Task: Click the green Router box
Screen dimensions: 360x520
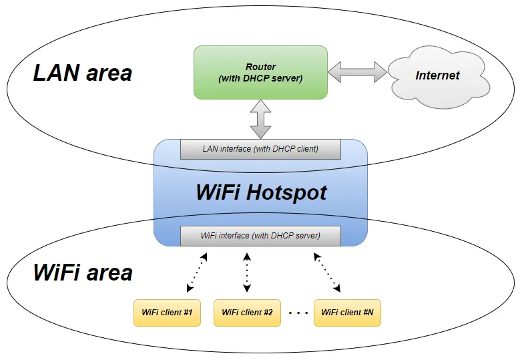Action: (260, 72)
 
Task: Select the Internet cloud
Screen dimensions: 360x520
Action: (437, 75)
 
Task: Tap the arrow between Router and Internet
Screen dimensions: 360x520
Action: (357, 72)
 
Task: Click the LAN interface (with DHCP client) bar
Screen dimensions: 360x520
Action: (260, 149)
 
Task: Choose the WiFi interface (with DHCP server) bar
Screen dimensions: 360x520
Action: (260, 236)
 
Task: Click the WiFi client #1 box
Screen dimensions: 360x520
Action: (167, 313)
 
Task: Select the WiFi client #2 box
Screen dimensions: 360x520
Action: (247, 313)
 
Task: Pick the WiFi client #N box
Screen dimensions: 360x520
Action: (347, 313)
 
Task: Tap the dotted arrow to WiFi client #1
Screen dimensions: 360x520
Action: (197, 273)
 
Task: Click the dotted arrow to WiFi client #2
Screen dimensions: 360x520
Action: (247, 273)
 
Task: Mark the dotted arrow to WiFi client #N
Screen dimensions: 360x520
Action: (327, 273)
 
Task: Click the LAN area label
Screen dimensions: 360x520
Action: (83, 73)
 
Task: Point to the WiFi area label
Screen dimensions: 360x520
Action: (83, 273)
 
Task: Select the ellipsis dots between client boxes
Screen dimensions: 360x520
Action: (298, 313)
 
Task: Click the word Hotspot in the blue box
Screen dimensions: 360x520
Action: (286, 192)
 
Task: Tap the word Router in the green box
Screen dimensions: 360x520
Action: (260, 67)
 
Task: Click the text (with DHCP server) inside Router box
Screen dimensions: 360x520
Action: (260, 79)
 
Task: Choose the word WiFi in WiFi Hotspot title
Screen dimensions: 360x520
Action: (218, 192)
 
